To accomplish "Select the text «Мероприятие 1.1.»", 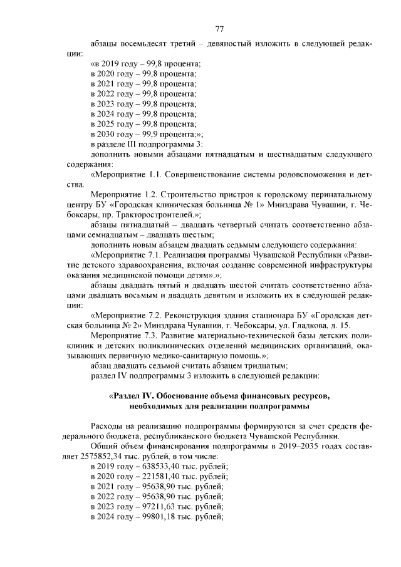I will tap(128, 175).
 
